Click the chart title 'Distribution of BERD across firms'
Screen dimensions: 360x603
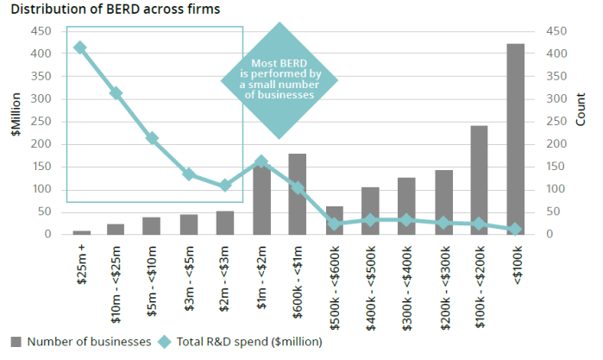click(x=115, y=10)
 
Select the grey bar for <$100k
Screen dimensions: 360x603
click(x=515, y=139)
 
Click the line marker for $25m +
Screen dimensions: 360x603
click(x=80, y=48)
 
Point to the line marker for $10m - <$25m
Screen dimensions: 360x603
click(x=116, y=93)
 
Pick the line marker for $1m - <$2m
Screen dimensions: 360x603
click(x=261, y=161)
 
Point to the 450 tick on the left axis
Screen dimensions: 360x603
click(x=41, y=31)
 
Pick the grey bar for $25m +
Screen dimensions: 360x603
click(x=81, y=232)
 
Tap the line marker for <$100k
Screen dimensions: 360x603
click(x=515, y=230)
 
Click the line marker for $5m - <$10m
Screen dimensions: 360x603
click(x=152, y=138)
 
